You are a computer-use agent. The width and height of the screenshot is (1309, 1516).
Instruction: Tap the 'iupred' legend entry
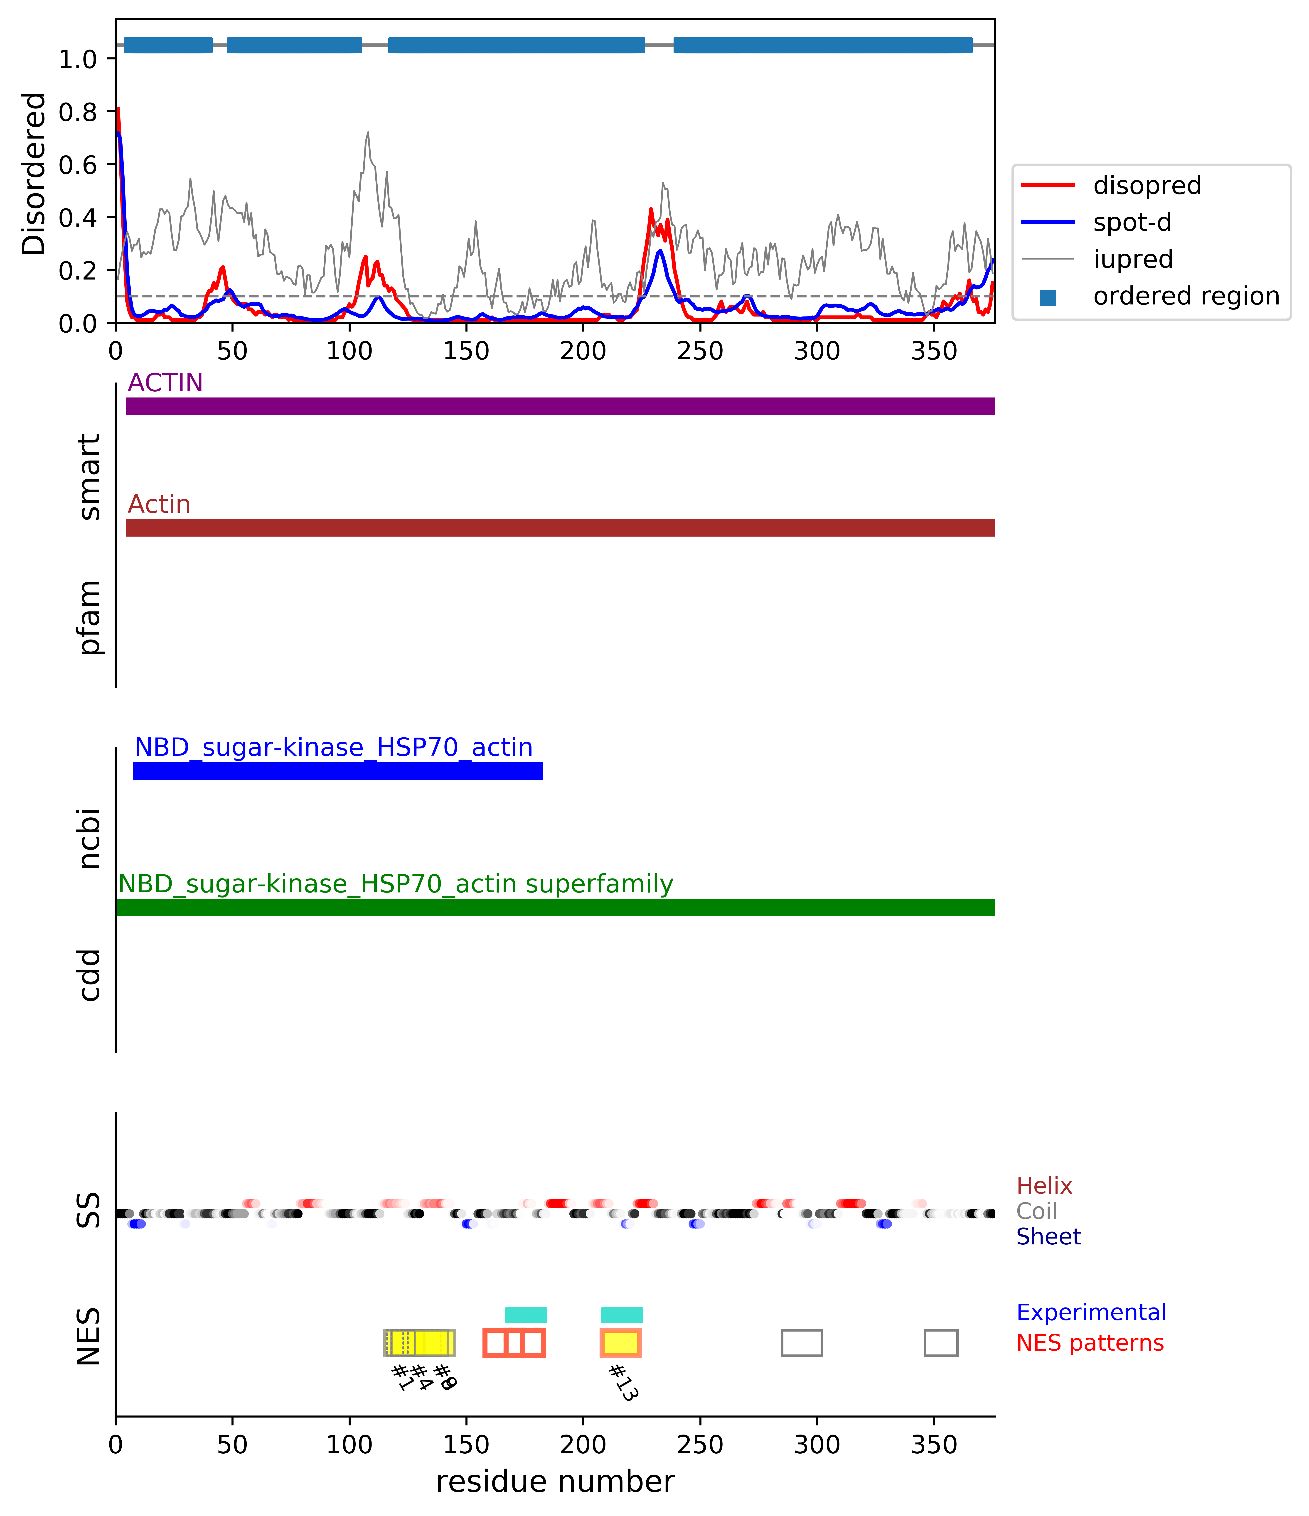1133,259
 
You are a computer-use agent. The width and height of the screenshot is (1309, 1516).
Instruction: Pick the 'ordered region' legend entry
1185,296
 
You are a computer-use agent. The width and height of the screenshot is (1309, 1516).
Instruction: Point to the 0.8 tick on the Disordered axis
78,112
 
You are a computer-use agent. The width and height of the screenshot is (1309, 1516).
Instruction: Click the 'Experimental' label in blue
1091,1312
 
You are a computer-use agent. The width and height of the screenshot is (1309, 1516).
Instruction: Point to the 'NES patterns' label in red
1090,1343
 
